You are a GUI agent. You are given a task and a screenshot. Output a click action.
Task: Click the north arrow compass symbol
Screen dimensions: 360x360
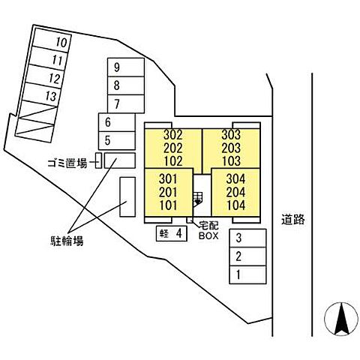(x=341, y=319)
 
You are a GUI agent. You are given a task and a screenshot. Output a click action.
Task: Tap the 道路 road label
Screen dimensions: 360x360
(x=293, y=220)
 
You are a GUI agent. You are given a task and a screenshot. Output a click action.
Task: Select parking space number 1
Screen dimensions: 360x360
(x=247, y=274)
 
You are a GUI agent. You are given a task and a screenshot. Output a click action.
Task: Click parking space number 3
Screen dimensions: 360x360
(x=247, y=238)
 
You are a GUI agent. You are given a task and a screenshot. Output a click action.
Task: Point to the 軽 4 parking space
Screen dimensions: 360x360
(x=172, y=233)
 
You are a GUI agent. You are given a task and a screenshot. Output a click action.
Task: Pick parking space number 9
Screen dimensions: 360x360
(x=126, y=67)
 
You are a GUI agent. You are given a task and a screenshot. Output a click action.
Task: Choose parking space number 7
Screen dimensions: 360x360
(x=126, y=103)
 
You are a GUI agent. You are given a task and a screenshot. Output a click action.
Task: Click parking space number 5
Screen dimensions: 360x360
(x=117, y=141)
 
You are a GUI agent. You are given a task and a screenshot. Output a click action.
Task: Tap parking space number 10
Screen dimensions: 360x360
(x=52, y=40)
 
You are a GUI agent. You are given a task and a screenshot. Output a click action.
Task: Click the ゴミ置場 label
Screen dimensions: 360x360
(x=67, y=163)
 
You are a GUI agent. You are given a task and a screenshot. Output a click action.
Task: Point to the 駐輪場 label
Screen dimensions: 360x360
(x=67, y=241)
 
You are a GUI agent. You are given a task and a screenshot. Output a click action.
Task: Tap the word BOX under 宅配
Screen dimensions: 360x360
(x=208, y=235)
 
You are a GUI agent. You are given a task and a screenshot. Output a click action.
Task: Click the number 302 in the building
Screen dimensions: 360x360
(x=173, y=135)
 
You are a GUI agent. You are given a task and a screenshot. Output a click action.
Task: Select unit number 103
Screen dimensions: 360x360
(x=231, y=161)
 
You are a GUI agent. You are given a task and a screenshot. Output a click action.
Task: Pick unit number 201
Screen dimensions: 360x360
(x=168, y=192)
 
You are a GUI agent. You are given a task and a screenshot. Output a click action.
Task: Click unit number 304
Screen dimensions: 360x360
(x=235, y=179)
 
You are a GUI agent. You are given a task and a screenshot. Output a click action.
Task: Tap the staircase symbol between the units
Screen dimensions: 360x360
(x=198, y=199)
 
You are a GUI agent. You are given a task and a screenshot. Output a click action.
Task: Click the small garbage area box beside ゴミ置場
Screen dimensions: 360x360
(x=98, y=160)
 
